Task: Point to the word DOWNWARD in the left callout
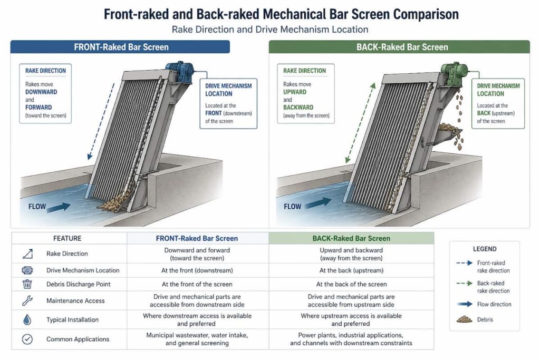[41, 92]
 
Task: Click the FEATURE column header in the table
[67, 238]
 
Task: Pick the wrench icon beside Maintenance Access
[27, 301]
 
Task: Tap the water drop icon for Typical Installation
[27, 320]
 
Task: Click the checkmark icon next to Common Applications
[27, 339]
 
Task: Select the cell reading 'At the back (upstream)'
[351, 270]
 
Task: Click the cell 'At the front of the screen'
[197, 285]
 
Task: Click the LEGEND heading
[484, 249]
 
